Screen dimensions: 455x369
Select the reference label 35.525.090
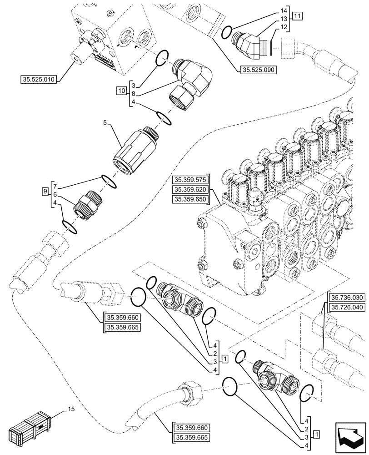[x=256, y=70]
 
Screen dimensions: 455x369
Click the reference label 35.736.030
[x=345, y=298]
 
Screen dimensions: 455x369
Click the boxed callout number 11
[x=297, y=17]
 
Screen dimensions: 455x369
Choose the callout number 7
[x=55, y=186]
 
